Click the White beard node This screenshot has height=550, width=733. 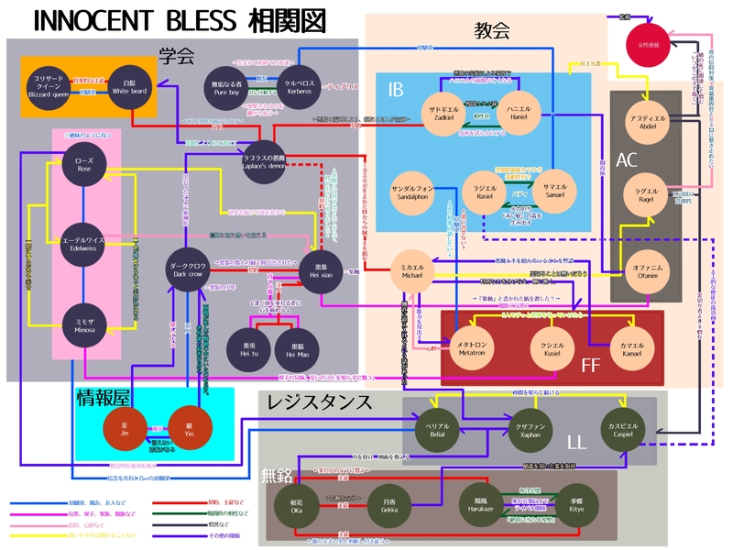[128, 86]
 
